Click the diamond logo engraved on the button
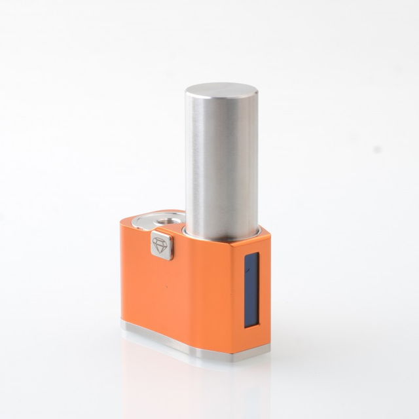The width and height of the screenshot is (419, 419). pos(160,245)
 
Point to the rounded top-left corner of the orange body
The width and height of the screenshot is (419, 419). pos(124,226)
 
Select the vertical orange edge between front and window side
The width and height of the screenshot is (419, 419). pos(234,295)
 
